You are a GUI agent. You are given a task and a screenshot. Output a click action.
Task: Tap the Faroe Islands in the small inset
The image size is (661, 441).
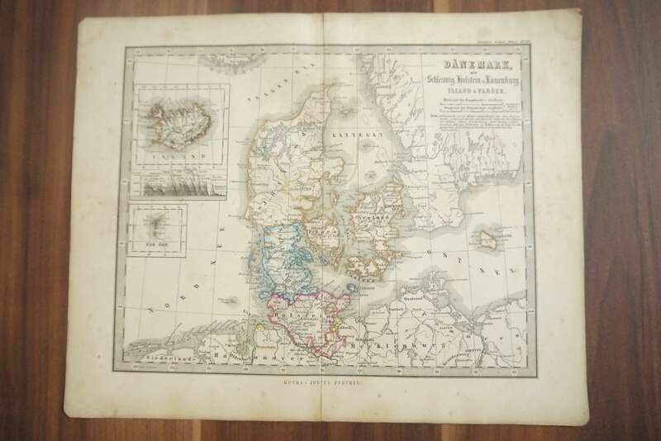pyautogui.click(x=158, y=222)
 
